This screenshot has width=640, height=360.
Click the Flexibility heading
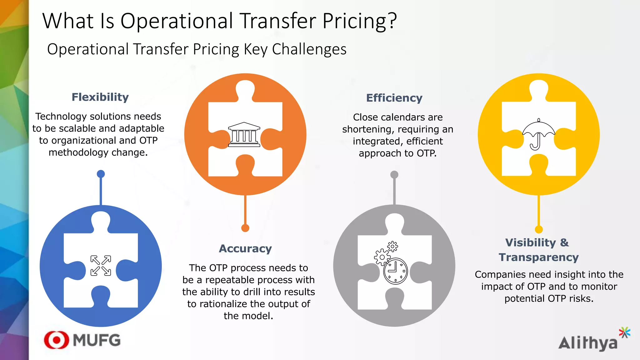pos(100,97)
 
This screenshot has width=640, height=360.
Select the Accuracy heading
pos(245,249)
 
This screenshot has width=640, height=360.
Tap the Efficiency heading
pos(394,98)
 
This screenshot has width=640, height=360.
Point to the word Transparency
pos(538,257)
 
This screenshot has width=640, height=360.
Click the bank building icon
pos(244,134)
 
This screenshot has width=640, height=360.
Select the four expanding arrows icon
pos(101,266)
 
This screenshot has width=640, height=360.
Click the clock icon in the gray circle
pos(395,271)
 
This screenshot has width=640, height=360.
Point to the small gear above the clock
pos(392,247)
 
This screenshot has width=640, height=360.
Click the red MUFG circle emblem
pos(57,340)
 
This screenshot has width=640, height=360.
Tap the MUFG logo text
pos(97,340)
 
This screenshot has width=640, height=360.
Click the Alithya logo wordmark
pos(588,343)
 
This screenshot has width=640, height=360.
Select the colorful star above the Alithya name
pos(624,332)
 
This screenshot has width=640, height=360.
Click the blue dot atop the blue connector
pos(101,174)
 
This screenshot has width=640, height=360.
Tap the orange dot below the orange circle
pos(245,228)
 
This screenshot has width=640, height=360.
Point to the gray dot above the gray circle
pos(394,175)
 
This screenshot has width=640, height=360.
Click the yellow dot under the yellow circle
pos(538,229)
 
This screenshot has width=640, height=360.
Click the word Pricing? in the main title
pos(359,21)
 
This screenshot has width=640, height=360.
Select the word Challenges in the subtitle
pos(309,49)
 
